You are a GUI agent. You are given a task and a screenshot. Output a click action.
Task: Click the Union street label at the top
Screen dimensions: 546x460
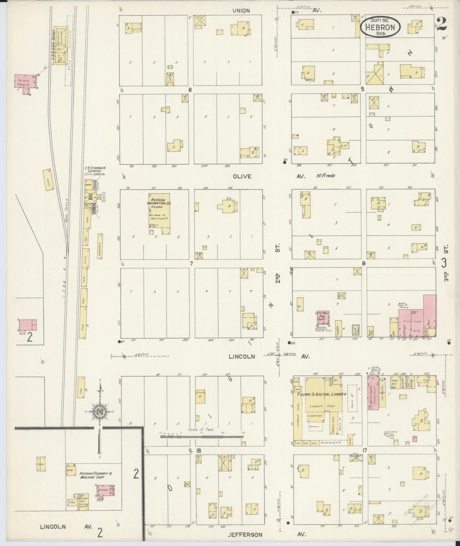pyautogui.click(x=241, y=11)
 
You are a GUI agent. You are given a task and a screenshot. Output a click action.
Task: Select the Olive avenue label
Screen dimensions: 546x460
pyautogui.click(x=242, y=176)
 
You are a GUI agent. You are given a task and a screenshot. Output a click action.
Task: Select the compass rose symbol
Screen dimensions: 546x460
pyautogui.click(x=100, y=411)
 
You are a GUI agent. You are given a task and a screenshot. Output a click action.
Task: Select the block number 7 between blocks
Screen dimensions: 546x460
pyautogui.click(x=191, y=263)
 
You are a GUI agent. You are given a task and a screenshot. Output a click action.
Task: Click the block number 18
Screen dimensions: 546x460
pyautogui.click(x=199, y=450)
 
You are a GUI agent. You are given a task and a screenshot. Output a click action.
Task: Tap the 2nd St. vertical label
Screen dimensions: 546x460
pyautogui.click(x=278, y=277)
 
